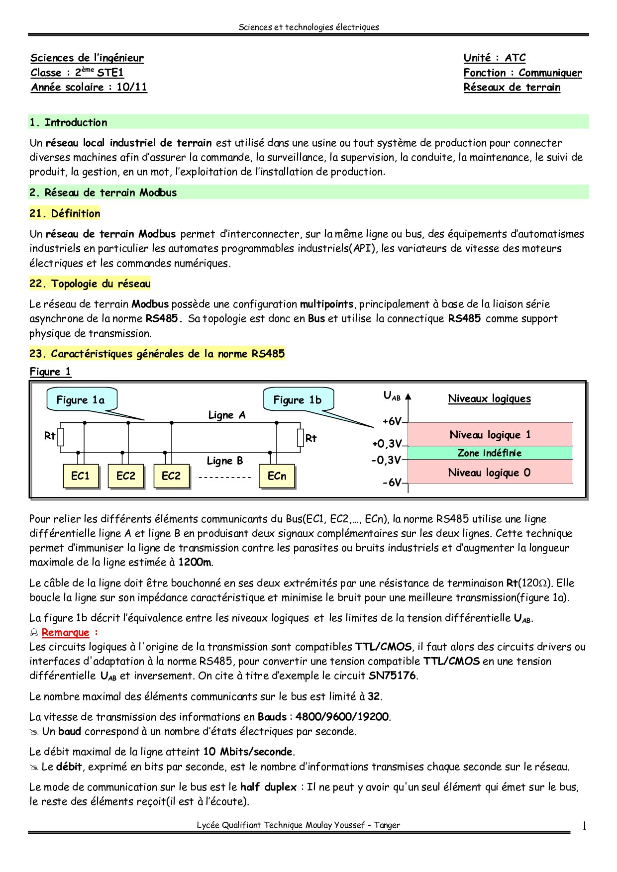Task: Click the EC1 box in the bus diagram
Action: coord(80,476)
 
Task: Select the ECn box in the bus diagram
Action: coord(277,476)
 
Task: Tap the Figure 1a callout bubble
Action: coord(82,400)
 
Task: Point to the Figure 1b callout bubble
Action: coord(298,400)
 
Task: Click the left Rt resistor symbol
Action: coord(61,437)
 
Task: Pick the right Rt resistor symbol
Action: coord(301,438)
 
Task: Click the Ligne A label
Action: coord(227,415)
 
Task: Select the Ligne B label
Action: coord(225,461)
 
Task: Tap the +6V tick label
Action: coord(392,421)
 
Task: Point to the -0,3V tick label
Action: coord(386,460)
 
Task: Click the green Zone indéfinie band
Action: coord(490,453)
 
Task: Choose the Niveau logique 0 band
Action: coord(490,472)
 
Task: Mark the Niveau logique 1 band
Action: coord(490,435)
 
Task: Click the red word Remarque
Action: coord(65,632)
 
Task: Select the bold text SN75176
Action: coord(393,676)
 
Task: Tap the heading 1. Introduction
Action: coord(68,122)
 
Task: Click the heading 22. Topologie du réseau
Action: coord(90,284)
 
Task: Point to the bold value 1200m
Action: coord(195,562)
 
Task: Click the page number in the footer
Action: coord(584,826)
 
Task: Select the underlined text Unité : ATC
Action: coord(495,58)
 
